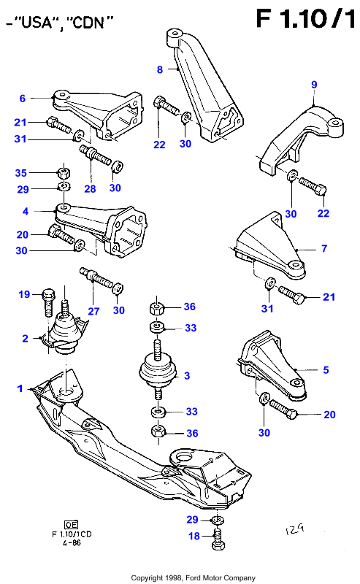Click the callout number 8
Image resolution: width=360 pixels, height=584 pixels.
click(160, 69)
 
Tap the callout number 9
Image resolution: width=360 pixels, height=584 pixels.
click(314, 85)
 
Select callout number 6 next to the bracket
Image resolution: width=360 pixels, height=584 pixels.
click(23, 99)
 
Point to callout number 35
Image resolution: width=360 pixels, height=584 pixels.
click(21, 173)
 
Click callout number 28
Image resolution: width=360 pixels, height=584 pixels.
click(91, 189)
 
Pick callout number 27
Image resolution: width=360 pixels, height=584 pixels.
click(93, 311)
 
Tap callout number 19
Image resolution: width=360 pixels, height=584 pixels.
click(24, 295)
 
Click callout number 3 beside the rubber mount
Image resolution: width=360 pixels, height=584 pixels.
click(187, 375)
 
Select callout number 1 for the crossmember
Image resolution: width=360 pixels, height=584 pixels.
click(20, 388)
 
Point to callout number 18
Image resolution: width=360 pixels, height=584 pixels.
click(194, 536)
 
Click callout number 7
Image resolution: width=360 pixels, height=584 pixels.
click(324, 248)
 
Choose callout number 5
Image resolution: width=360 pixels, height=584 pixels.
click(326, 370)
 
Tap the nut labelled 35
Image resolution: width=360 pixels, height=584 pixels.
click(64, 173)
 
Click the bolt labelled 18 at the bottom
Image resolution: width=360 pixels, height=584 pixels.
click(218, 539)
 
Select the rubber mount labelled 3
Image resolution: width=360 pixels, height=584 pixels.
click(157, 371)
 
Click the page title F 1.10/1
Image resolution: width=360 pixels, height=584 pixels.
click(305, 19)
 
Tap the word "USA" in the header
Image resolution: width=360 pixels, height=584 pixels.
click(37, 23)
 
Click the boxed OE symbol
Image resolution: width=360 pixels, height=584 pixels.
click(71, 525)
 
